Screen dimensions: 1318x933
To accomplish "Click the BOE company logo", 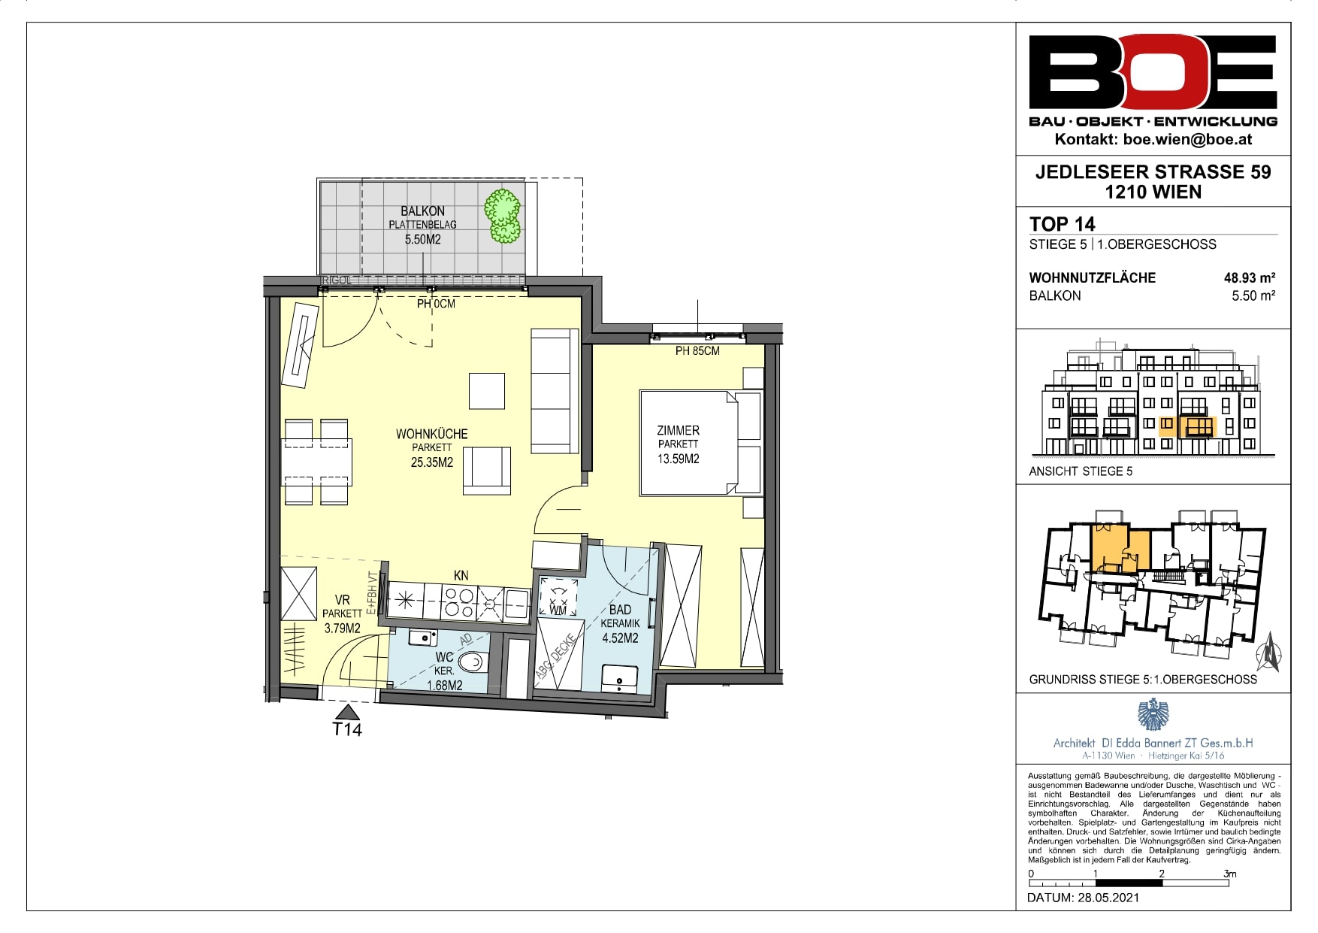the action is [x=1153, y=73].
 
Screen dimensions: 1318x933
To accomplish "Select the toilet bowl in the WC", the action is [x=473, y=662].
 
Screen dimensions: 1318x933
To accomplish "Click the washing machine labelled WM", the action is [x=558, y=598].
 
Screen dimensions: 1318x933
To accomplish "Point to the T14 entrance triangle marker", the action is [x=347, y=712].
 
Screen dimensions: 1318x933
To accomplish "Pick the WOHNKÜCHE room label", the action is [x=432, y=434].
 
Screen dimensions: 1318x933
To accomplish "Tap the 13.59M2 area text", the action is [x=679, y=459].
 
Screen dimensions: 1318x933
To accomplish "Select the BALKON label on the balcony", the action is [x=422, y=211].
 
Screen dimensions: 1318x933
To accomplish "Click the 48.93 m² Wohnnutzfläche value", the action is [x=1250, y=277].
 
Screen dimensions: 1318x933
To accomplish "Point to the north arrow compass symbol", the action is [x=1269, y=651].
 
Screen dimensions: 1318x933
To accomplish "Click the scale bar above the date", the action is [x=1129, y=883].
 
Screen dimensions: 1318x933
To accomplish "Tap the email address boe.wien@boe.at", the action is [x=1188, y=139].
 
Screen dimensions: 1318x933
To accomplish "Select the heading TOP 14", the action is [x=1063, y=224].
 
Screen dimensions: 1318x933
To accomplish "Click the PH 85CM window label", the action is [x=697, y=351].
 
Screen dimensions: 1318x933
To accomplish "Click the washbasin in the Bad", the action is [x=620, y=679].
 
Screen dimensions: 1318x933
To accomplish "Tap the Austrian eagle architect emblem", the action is [x=1153, y=714].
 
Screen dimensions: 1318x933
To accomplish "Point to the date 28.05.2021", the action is [x=1108, y=898].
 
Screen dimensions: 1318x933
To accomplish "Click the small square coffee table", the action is [x=487, y=391].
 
